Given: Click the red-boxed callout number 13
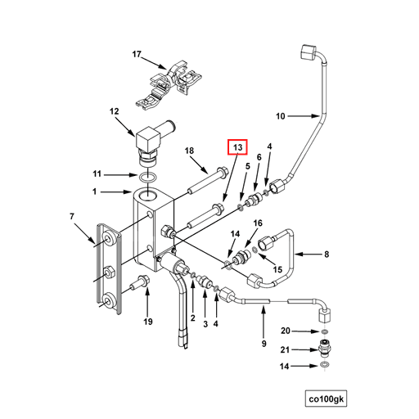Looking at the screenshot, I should click(237, 147).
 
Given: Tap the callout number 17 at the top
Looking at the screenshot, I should click(137, 55).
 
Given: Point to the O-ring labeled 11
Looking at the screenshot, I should click(146, 177).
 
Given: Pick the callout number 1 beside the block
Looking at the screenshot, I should click(95, 192).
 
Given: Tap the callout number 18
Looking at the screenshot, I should click(189, 151).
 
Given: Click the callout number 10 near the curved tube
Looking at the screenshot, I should click(280, 116).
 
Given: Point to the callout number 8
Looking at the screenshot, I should click(326, 255).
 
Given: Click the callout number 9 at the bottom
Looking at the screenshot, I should click(264, 344).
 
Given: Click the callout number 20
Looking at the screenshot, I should click(286, 331).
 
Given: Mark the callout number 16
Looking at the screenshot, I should click(258, 223).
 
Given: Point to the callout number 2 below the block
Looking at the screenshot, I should click(192, 318).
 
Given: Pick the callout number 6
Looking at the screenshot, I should click(259, 157).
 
